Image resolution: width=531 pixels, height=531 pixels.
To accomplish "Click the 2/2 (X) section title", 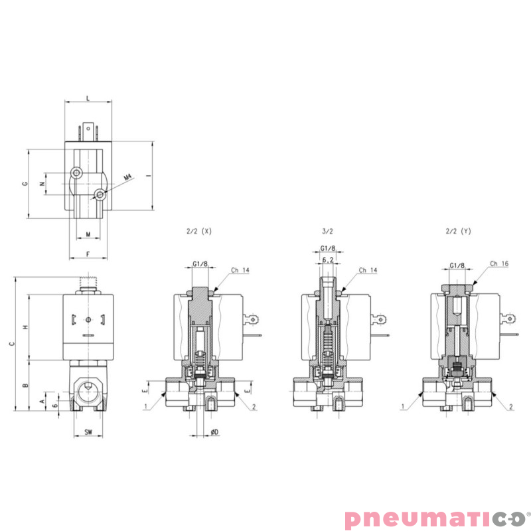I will click(199, 231).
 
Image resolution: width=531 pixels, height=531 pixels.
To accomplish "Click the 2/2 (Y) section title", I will click(458, 231).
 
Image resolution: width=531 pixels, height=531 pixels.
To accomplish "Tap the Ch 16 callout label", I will click(500, 264).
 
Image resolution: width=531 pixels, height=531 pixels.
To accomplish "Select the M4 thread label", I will click(128, 177).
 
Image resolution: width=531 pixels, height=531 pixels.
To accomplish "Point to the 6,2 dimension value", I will click(327, 261).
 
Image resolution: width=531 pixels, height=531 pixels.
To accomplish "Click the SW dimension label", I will click(88, 432).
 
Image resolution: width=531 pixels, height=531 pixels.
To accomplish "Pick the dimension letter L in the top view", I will click(88, 98).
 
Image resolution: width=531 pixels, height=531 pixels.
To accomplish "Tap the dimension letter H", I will click(25, 328).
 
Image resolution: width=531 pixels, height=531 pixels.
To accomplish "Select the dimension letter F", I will click(88, 254).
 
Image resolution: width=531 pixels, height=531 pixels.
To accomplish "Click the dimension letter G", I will click(25, 183).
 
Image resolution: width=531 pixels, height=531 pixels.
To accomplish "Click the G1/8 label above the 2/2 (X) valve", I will click(200, 264).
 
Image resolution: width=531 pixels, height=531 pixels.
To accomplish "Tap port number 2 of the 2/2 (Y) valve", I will click(511, 406).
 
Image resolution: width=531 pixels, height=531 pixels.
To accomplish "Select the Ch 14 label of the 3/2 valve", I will click(368, 270).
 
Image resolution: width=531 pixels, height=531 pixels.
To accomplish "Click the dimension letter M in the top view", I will click(88, 234).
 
